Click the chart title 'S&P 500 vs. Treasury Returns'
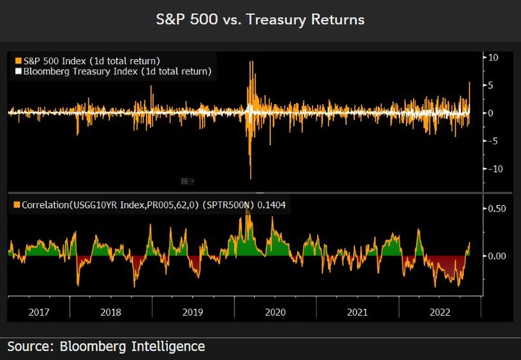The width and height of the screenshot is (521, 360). (x=260, y=20)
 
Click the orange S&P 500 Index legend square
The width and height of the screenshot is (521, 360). (x=17, y=61)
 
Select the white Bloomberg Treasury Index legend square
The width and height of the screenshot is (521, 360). (x=17, y=71)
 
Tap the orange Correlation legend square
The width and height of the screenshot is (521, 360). (x=17, y=204)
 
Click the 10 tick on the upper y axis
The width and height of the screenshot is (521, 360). (x=494, y=57)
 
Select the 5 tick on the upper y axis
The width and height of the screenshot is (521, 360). (x=493, y=85)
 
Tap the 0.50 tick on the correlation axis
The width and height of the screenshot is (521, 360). (x=498, y=208)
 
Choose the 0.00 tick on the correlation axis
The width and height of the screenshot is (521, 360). (x=498, y=256)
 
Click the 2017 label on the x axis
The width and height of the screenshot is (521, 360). (x=39, y=312)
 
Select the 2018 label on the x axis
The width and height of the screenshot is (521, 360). (x=111, y=312)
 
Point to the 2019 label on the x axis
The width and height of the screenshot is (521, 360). (x=193, y=312)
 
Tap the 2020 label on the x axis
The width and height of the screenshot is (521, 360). (x=275, y=312)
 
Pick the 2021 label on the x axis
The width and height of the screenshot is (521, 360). (x=357, y=312)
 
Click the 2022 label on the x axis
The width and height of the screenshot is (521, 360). (x=438, y=312)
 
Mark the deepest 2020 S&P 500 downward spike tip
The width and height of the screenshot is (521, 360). (x=251, y=178)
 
